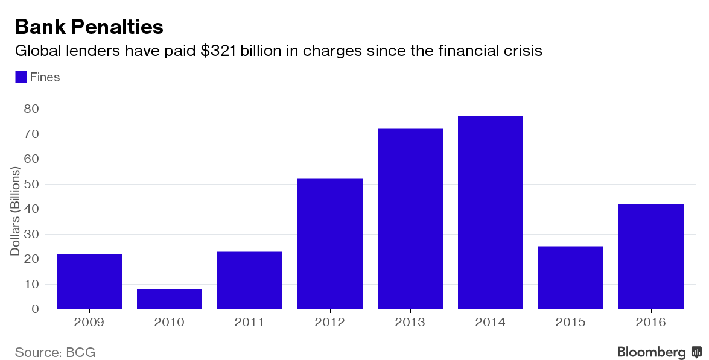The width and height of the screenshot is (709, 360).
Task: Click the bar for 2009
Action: click(89, 282)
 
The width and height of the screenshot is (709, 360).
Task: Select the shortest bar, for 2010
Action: click(170, 299)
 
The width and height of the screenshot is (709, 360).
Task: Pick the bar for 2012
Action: click(330, 244)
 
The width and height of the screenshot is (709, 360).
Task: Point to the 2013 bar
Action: click(410, 219)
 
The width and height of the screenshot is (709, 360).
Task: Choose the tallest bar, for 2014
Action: click(491, 212)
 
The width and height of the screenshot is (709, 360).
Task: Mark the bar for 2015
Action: click(571, 277)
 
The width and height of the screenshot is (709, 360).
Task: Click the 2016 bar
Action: click(651, 256)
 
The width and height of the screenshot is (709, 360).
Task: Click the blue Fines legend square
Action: click(21, 77)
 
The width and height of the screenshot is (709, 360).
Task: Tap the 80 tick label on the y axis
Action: click(31, 109)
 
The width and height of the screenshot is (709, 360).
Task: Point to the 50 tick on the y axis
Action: click(31, 184)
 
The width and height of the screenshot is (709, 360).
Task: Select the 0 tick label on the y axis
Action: click(36, 309)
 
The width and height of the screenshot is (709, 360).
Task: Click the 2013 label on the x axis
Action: click(410, 323)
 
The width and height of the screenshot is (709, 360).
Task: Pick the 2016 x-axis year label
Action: click(651, 323)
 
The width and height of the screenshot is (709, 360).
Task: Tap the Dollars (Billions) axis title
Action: click(16, 211)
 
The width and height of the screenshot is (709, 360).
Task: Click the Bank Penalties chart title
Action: click(89, 27)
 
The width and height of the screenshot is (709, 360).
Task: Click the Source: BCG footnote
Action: click(55, 352)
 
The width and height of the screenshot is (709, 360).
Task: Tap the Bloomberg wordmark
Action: click(651, 352)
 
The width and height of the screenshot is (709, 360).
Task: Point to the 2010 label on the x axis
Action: click(170, 323)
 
